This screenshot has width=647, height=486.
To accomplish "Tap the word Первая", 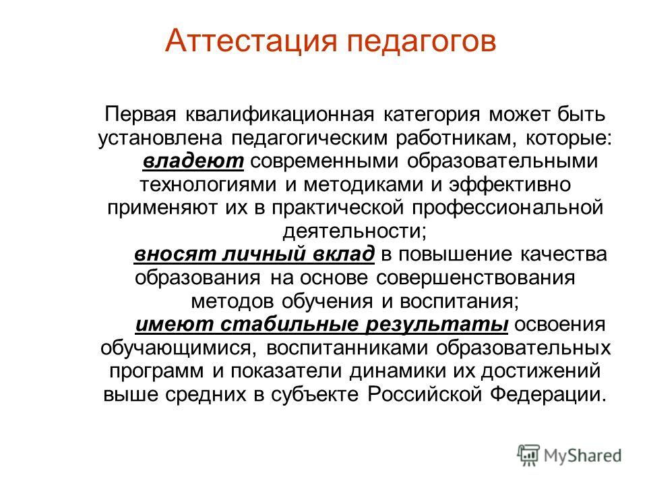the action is click(x=140, y=115).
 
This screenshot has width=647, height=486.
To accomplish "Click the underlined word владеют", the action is click(x=193, y=161).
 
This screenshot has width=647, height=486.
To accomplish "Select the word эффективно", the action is click(x=510, y=184).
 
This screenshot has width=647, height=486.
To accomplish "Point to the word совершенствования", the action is click(x=475, y=278).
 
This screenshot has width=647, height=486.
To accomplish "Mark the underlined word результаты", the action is click(x=437, y=325).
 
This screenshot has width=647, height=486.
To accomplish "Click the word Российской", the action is click(x=425, y=394).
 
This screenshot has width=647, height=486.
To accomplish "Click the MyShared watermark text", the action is click(x=582, y=456).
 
